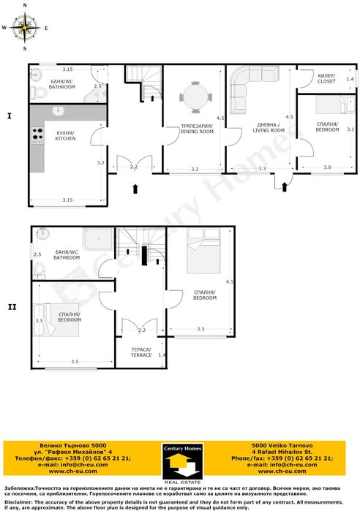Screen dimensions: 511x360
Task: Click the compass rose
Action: tap(25, 28)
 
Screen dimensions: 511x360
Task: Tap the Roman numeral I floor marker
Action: tap(10, 116)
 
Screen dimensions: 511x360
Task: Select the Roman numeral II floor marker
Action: tap(12, 306)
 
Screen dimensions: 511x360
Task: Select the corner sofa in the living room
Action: tap(247, 88)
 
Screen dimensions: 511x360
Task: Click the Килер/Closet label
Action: tap(326, 79)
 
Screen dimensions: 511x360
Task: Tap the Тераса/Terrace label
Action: tap(142, 352)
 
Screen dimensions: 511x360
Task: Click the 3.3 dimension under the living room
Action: tap(262, 169)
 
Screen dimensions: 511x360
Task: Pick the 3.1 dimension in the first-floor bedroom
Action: tap(350, 129)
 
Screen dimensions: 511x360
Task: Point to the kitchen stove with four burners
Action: tap(37, 136)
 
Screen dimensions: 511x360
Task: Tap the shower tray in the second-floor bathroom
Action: tap(99, 239)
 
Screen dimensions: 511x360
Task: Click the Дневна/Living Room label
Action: tap(265, 127)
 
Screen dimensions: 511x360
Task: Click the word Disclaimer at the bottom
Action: tap(19, 502)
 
